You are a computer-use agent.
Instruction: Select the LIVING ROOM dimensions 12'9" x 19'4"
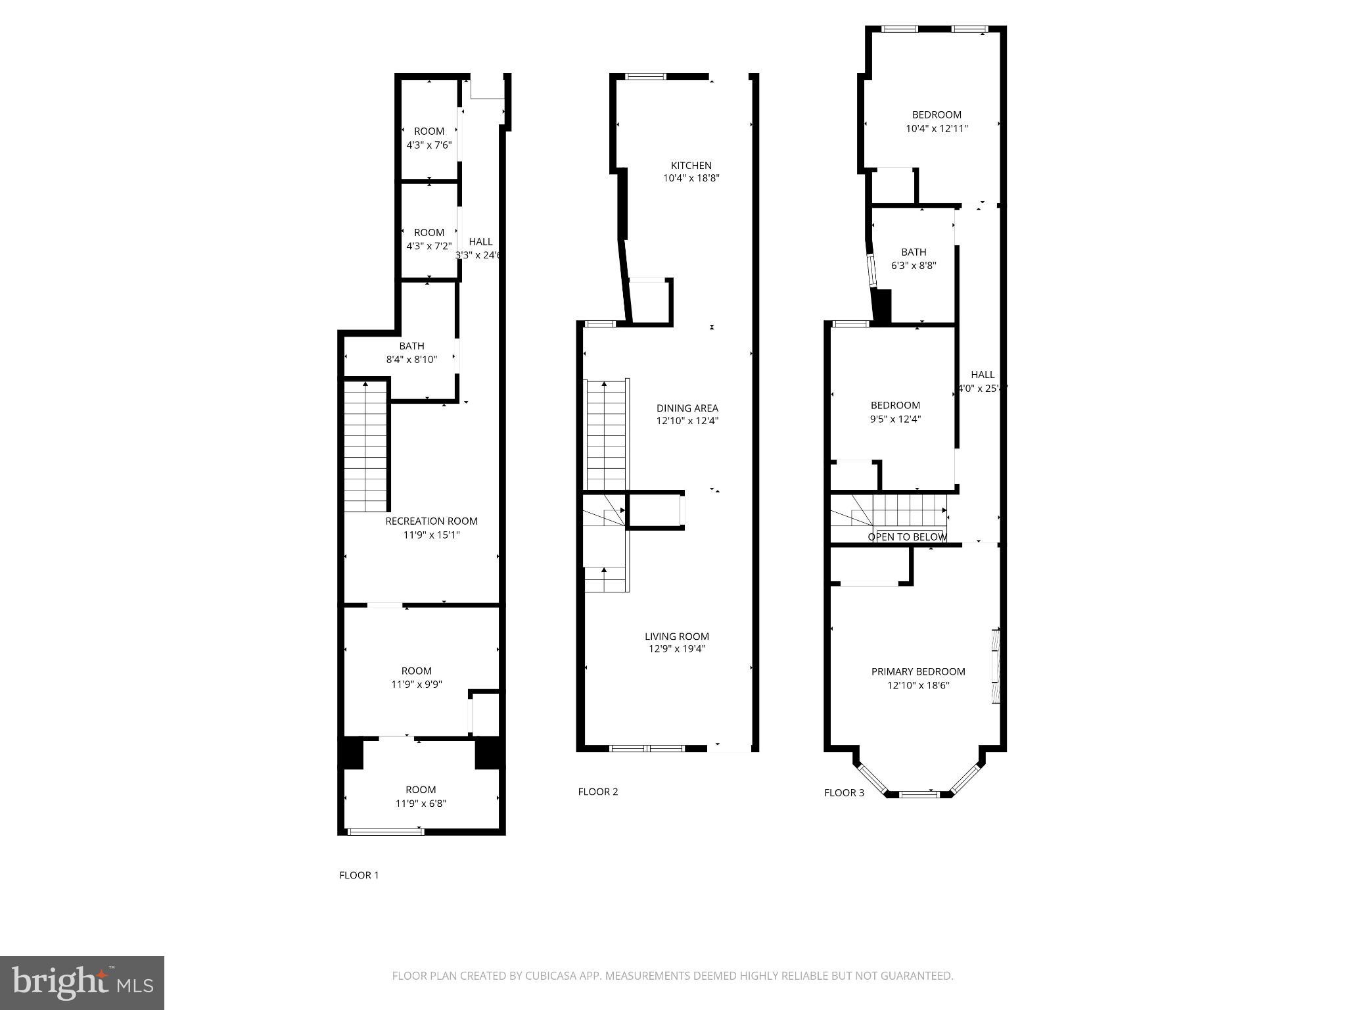click(x=677, y=650)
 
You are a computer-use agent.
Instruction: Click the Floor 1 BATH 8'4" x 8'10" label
click(x=411, y=353)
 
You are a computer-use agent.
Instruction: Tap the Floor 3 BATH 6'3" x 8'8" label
click(x=914, y=259)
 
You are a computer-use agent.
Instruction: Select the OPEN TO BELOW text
click(x=907, y=537)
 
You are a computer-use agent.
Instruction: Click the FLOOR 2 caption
click(x=597, y=792)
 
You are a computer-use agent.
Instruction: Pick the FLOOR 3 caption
click(x=844, y=793)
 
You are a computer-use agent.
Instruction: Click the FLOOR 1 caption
click(x=359, y=875)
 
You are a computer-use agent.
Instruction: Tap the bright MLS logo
click(x=82, y=983)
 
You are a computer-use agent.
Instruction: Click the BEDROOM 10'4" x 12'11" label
click(x=937, y=122)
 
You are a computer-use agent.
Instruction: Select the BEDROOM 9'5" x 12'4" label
click(x=895, y=412)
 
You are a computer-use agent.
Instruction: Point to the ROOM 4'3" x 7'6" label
click(x=429, y=138)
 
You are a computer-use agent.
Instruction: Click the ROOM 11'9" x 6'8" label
click(x=421, y=796)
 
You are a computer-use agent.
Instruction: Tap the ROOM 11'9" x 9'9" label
click(x=417, y=677)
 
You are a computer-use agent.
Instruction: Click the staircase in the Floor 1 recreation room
click(x=365, y=447)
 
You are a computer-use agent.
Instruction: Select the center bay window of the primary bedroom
click(x=918, y=794)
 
